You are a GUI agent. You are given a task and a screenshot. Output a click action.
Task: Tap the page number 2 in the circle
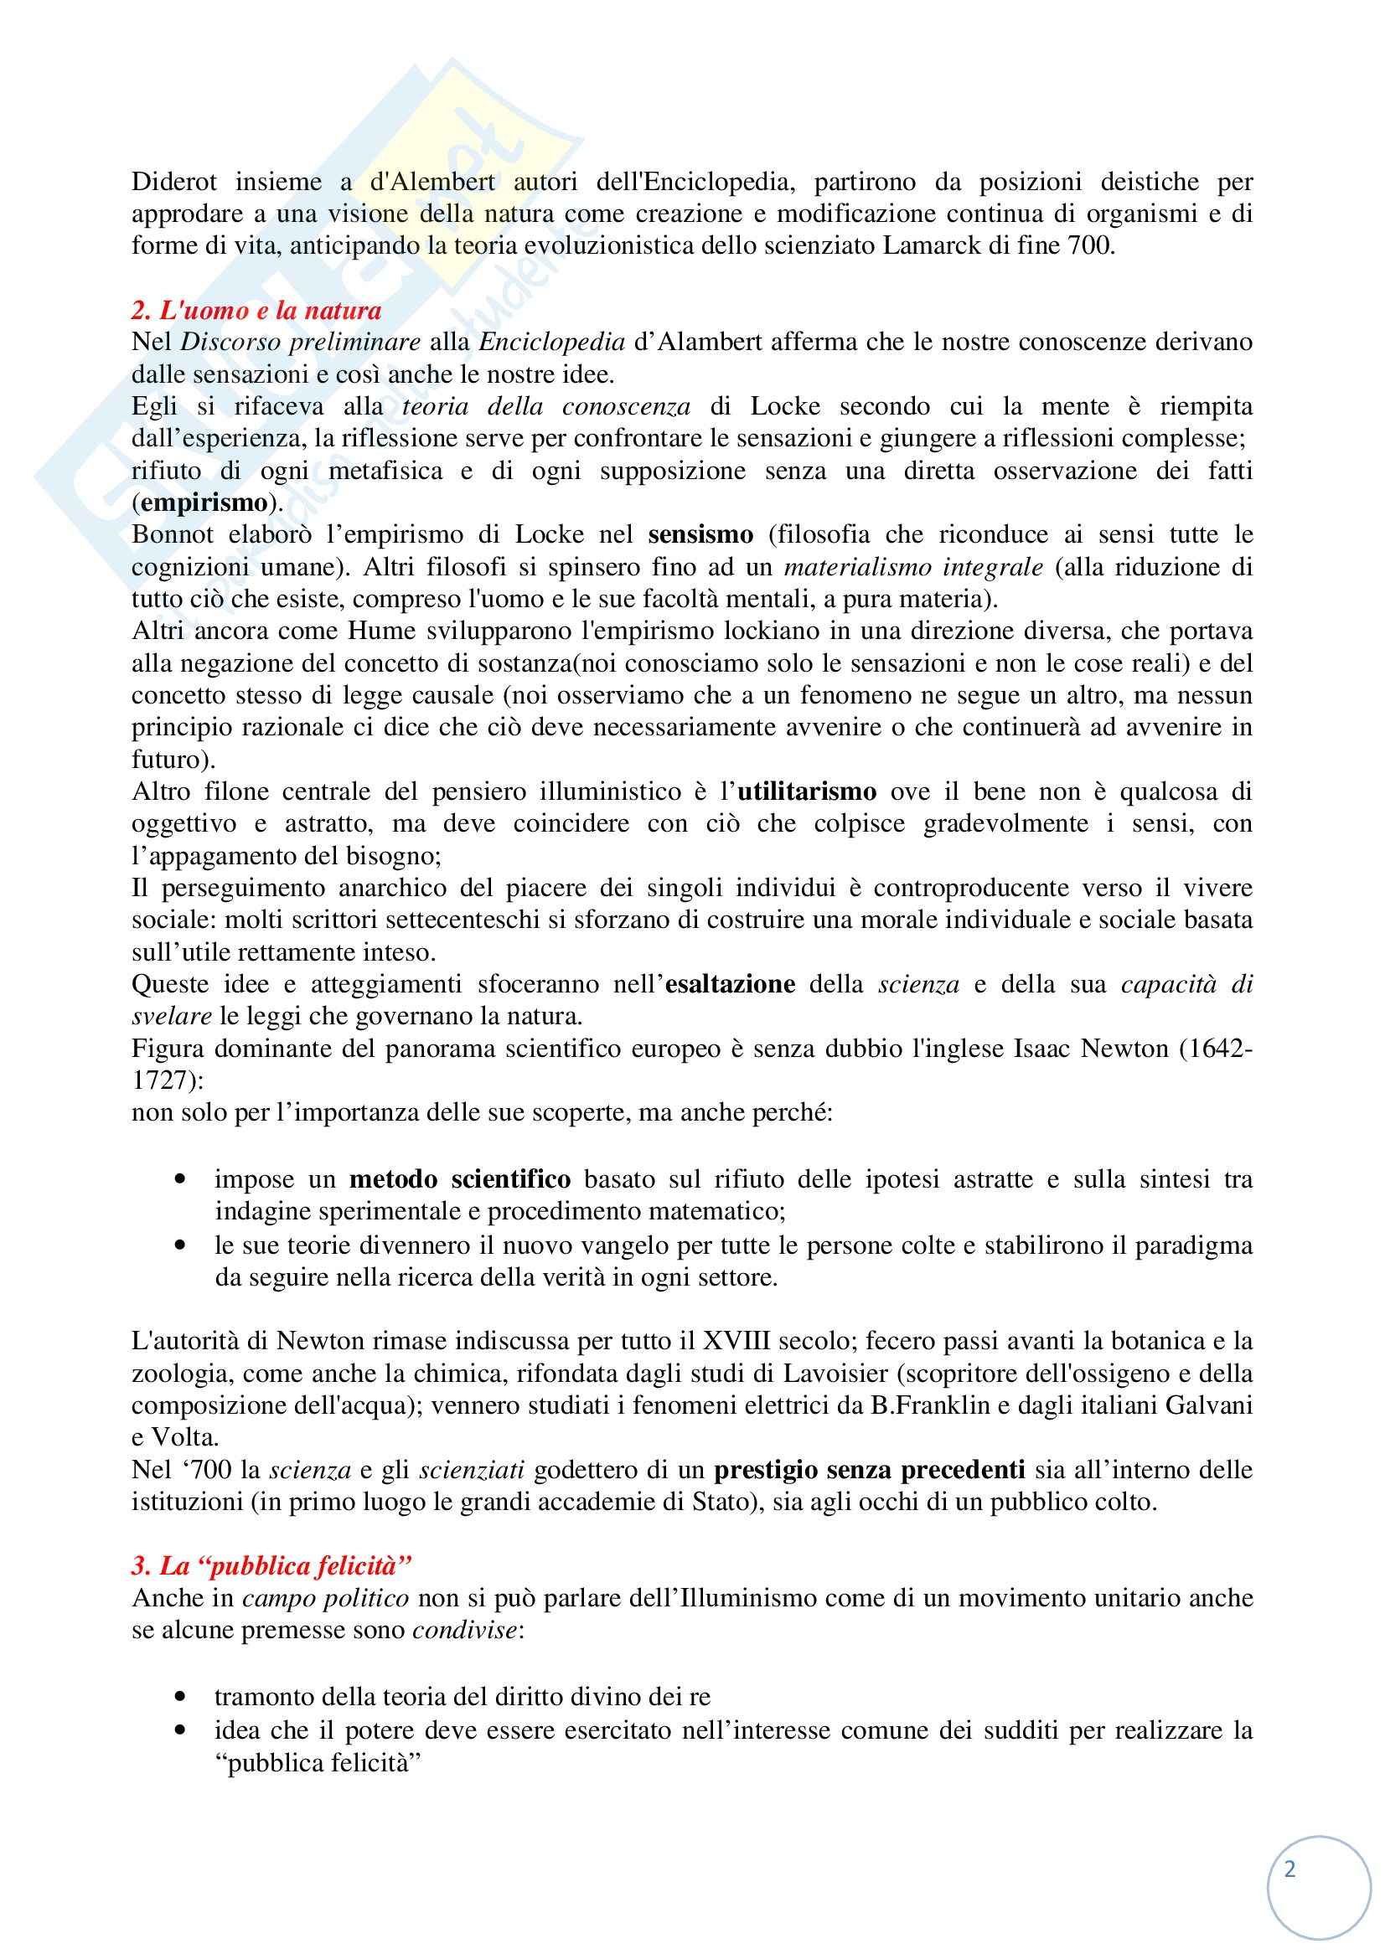coord(1289,1870)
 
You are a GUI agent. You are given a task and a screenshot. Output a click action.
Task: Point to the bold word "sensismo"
coord(700,535)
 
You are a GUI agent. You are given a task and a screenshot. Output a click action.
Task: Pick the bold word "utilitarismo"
coord(806,791)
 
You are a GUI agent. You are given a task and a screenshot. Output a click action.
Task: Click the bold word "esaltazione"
coord(730,985)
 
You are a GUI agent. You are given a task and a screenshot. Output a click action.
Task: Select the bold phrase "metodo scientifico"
coord(460,1179)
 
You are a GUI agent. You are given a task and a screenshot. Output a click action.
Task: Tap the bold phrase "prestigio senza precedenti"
coord(869,1469)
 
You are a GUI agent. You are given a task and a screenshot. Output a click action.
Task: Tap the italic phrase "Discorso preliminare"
coord(301,343)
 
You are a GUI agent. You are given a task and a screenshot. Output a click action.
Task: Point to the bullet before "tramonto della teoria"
coord(179,1696)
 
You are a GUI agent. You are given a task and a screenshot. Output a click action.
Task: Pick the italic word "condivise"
coord(464,1631)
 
